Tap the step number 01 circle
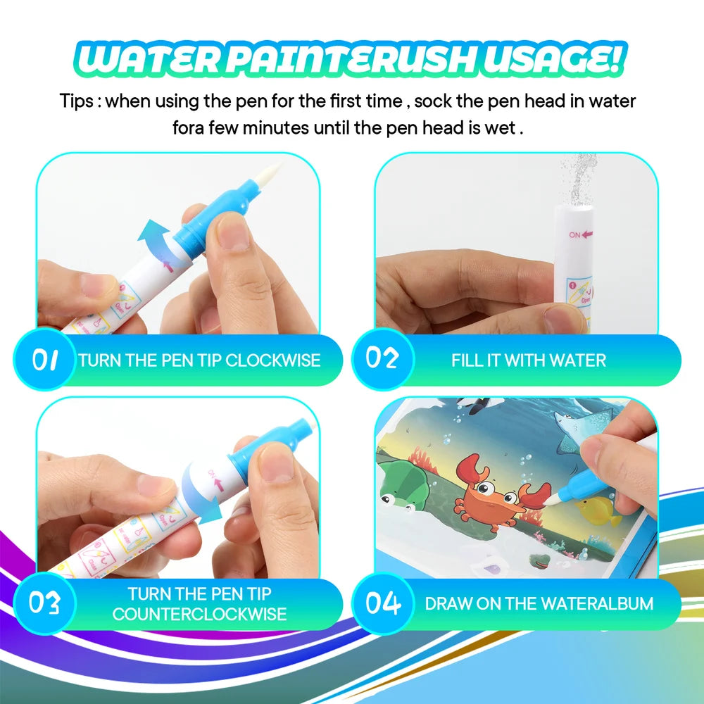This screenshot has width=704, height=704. pos(44,360)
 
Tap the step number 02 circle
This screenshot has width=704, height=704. pos(382,359)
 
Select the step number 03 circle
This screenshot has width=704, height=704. pos(44,603)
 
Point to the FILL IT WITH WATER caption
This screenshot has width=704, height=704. pos(528,360)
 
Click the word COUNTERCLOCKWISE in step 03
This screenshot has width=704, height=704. pos(199,614)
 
